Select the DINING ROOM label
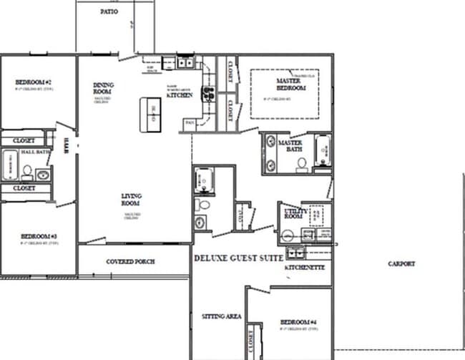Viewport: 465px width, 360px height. pyautogui.click(x=103, y=88)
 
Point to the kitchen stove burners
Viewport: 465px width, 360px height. pyautogui.click(x=208, y=93)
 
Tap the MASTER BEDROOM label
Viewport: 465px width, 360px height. pyautogui.click(x=291, y=84)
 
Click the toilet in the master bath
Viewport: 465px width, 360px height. pyautogui.click(x=302, y=164)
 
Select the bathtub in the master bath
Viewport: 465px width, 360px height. pyautogui.click(x=323, y=151)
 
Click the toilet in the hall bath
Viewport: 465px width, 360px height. pyautogui.click(x=26, y=171)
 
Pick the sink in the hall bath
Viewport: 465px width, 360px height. pyautogui.click(x=41, y=174)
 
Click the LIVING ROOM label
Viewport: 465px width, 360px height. pyautogui.click(x=132, y=199)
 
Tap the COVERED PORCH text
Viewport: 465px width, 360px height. pyautogui.click(x=130, y=261)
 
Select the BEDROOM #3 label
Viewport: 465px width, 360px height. pyautogui.click(x=39, y=236)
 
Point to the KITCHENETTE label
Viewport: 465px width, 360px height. pyautogui.click(x=305, y=267)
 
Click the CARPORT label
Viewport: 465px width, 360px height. pyautogui.click(x=401, y=264)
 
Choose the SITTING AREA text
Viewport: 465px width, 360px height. pyautogui.click(x=221, y=316)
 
